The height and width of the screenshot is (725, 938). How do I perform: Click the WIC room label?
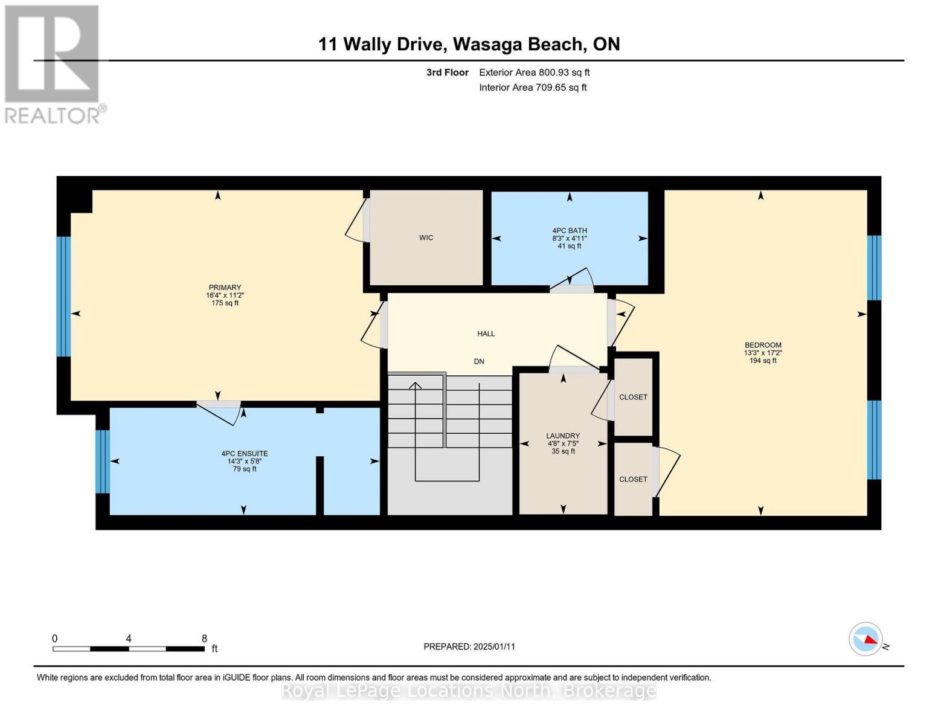(x=426, y=238)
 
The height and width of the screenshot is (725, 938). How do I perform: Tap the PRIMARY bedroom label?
(x=225, y=288)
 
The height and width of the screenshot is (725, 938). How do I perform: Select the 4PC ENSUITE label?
(x=244, y=454)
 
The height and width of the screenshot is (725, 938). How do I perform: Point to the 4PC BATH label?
(x=569, y=231)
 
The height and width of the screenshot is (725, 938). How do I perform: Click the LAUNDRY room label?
(x=563, y=436)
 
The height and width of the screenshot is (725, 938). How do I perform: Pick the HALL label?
(x=486, y=333)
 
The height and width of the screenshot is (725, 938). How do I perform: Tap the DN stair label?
(x=479, y=362)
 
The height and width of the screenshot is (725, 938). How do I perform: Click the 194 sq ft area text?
(x=763, y=361)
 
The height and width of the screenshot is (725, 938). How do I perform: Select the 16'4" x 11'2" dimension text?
(x=225, y=295)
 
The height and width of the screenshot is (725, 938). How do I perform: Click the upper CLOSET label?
(x=633, y=397)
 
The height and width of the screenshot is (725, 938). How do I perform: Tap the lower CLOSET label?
(x=633, y=479)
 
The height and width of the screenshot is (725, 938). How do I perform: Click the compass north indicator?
(x=866, y=639)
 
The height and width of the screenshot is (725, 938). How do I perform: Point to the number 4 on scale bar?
(x=129, y=639)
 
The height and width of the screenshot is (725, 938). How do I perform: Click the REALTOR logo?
(x=53, y=64)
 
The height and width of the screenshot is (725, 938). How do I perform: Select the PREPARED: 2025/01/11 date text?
(x=469, y=646)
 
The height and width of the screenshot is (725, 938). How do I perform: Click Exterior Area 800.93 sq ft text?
(x=534, y=72)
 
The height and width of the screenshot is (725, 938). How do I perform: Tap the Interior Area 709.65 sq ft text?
(x=533, y=88)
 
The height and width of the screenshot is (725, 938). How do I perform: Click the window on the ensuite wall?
(x=103, y=462)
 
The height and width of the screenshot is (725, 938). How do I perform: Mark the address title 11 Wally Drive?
(x=469, y=44)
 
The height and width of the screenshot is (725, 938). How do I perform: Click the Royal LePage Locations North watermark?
(x=469, y=691)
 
